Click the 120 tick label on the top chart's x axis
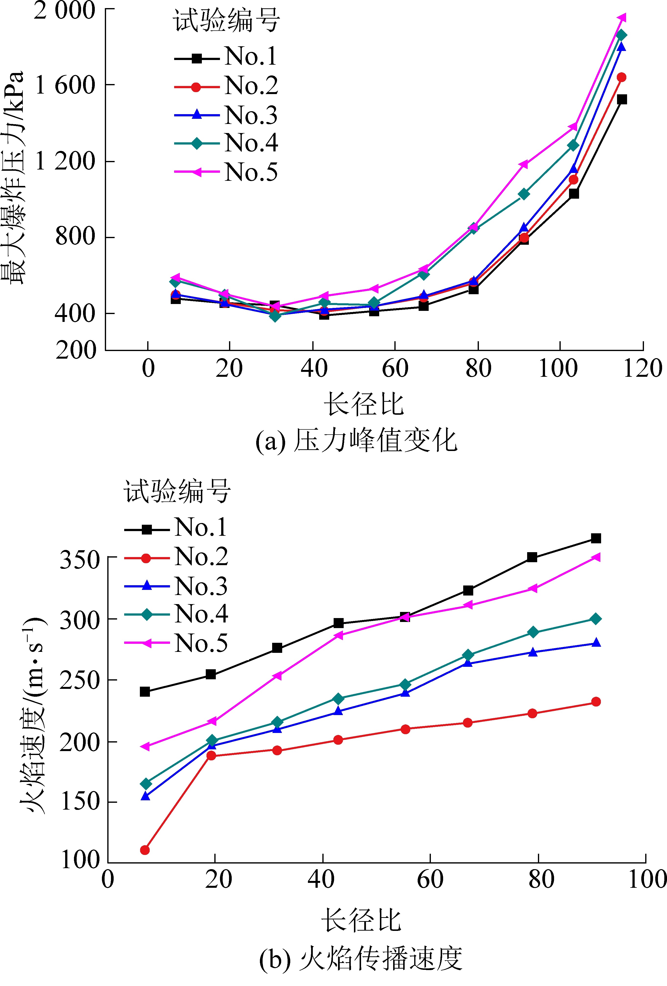click(x=643, y=368)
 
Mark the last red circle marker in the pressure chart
click(x=621, y=77)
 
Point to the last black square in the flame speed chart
click(x=596, y=538)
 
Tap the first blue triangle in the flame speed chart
click(x=145, y=796)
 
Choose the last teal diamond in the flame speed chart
click(x=596, y=619)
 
